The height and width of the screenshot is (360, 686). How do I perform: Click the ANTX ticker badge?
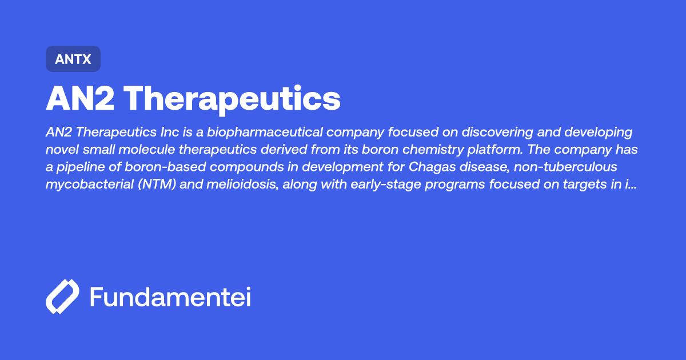point(73,59)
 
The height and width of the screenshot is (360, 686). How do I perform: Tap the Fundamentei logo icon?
point(62,297)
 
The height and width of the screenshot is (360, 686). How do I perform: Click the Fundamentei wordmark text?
point(170,297)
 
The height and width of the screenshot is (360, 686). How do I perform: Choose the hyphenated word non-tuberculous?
point(583,167)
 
